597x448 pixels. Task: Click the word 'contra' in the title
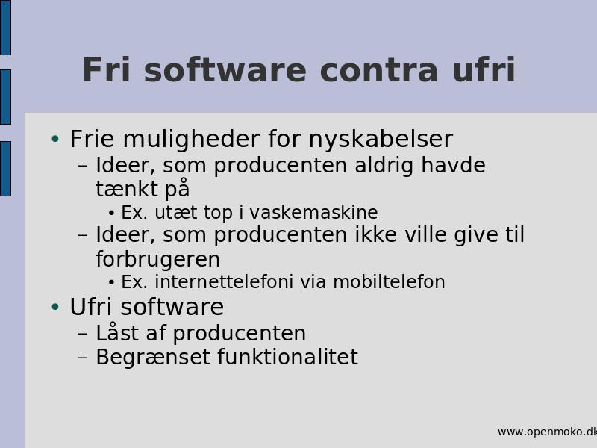tap(379, 71)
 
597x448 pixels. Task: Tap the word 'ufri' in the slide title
tap(484, 69)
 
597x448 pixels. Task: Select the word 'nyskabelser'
tap(381, 140)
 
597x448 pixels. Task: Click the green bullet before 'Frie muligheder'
tap(55, 139)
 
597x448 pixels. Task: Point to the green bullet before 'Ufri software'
tap(55, 307)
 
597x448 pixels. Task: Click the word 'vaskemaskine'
tap(313, 212)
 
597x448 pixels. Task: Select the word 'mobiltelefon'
tap(389, 282)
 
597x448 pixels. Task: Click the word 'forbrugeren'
tap(157, 259)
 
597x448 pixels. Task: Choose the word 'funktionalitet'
tap(288, 357)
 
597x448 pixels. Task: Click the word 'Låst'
tap(116, 332)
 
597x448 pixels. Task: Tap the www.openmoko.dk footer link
tap(547, 432)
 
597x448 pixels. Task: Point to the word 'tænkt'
tap(127, 189)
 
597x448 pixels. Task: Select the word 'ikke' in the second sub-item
tap(376, 234)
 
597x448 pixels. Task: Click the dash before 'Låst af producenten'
tap(83, 333)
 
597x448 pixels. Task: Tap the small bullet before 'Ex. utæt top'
tap(111, 213)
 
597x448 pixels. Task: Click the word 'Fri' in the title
tap(106, 69)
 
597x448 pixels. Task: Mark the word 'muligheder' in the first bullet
tap(191, 140)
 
